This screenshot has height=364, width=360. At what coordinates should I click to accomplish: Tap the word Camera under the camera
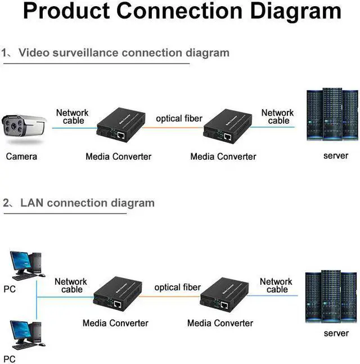click(x=21, y=156)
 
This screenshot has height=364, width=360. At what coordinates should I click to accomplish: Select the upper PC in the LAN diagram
click(x=26, y=265)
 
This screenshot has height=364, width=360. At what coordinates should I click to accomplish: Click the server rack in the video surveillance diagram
click(x=331, y=115)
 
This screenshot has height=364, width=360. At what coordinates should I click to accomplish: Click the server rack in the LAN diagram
click(x=331, y=296)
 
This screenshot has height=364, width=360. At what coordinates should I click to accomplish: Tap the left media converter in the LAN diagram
click(x=117, y=295)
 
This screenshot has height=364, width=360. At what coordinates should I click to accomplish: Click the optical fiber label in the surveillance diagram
click(x=179, y=119)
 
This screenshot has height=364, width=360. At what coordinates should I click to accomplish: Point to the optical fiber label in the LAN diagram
click(x=177, y=287)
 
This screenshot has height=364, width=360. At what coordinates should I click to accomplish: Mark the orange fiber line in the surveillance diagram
click(x=171, y=128)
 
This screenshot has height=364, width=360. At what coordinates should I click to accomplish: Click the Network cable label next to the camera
click(x=73, y=116)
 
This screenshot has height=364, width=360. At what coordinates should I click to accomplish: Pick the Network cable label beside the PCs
click(x=71, y=285)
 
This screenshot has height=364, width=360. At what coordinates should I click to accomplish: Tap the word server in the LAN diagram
click(x=336, y=333)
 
